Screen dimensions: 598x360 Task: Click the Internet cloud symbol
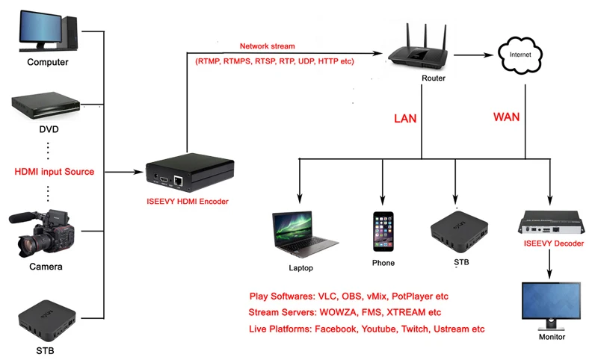520,55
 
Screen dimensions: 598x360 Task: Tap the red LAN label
405,119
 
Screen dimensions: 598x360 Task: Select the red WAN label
507,117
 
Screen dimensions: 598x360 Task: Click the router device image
418,47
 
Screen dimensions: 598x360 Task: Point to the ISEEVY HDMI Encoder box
190,173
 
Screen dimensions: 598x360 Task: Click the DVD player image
46,105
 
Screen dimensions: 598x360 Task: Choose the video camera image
42,233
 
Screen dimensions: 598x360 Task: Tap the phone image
383,232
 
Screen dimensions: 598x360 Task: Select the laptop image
305,235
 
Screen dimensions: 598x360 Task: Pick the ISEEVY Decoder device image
551,222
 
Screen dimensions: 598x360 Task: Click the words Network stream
268,46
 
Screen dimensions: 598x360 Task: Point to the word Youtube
378,329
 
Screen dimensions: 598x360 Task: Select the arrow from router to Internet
473,55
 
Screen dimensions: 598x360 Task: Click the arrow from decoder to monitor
549,264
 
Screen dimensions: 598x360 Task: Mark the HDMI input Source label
54,172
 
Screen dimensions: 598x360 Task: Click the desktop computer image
49,31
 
